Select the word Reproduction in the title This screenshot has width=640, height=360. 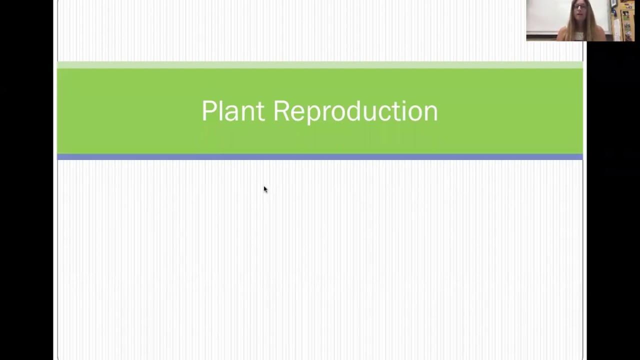tap(355, 111)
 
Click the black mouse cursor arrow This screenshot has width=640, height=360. tap(265, 189)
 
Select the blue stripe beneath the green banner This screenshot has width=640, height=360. tap(320, 157)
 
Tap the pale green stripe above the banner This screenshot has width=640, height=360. tap(320, 65)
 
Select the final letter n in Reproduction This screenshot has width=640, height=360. tap(431, 112)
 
